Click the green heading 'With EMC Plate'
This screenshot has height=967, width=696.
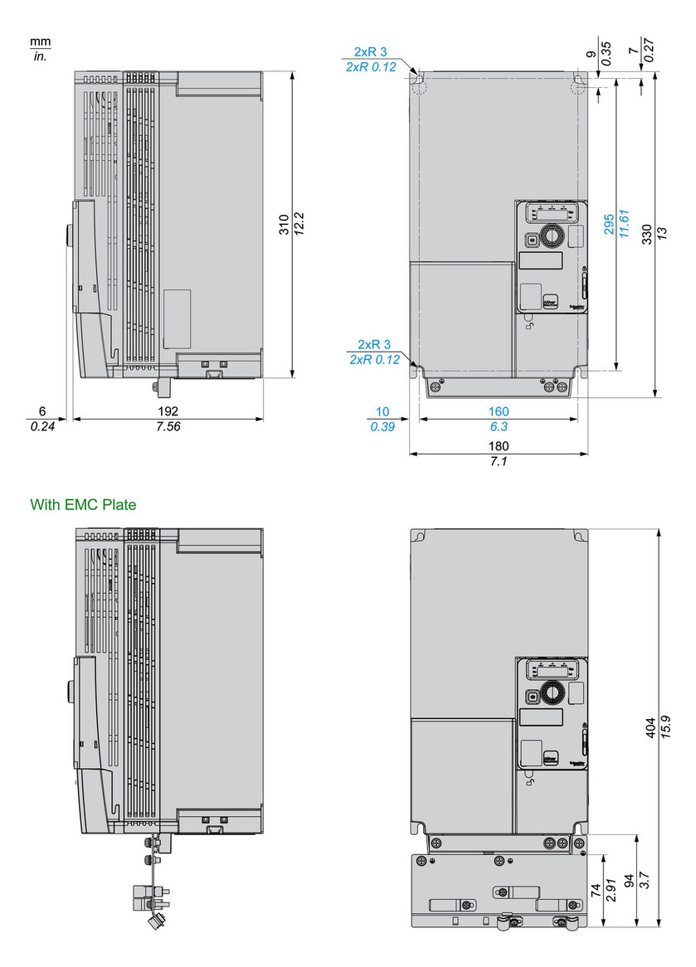[83, 504]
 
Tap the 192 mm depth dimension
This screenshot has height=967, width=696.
[168, 411]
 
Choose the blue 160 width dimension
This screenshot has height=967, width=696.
[499, 411]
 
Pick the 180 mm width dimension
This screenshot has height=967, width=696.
[499, 446]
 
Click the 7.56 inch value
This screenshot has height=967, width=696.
[168, 426]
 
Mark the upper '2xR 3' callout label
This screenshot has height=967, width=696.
[371, 52]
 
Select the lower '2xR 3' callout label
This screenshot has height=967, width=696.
[374, 344]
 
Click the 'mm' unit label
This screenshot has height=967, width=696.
[40, 41]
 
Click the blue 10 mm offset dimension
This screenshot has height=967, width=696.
[382, 411]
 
